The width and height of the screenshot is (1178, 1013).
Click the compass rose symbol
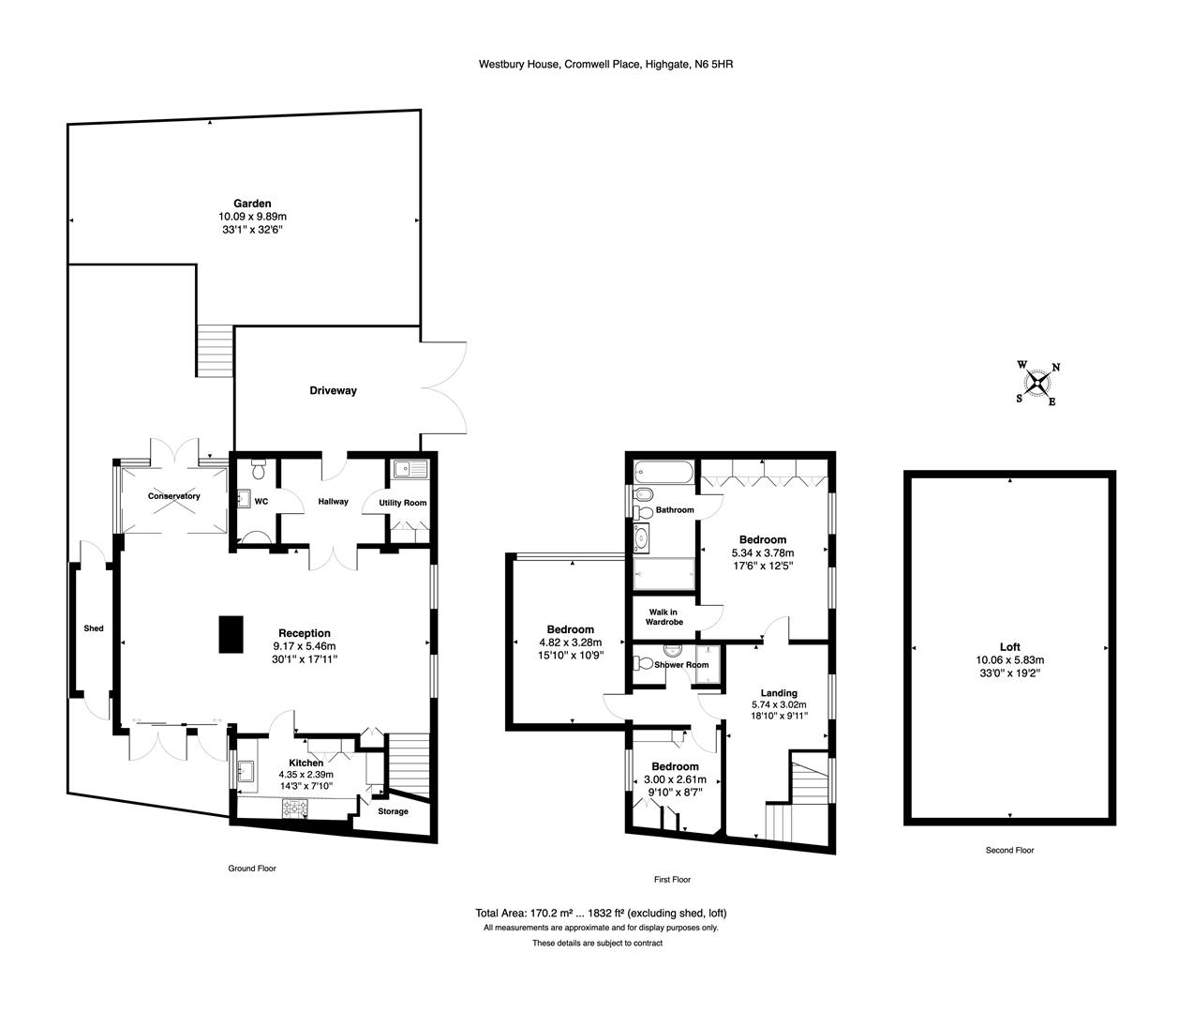coord(1037,384)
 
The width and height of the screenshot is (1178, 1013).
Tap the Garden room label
coord(252,204)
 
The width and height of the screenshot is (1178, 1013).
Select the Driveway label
coord(333,391)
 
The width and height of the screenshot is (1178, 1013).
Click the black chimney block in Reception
coord(231,634)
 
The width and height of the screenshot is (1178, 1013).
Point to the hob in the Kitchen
coord(295,809)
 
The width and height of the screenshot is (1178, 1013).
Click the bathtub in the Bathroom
coord(664,471)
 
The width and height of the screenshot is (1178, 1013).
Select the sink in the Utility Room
coord(410,469)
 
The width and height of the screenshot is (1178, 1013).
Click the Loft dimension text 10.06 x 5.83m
coord(1010,660)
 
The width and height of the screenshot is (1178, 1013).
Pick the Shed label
coord(94,628)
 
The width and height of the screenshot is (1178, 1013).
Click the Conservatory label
coord(173,496)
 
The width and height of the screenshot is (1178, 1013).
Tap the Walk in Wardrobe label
coord(664,617)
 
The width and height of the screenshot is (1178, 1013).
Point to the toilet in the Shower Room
coord(643,663)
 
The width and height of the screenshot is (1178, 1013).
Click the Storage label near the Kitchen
coord(393,811)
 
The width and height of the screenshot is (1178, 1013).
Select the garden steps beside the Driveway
coord(216,351)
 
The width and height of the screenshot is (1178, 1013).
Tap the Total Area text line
coord(601,914)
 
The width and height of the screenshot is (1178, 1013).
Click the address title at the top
coord(605,65)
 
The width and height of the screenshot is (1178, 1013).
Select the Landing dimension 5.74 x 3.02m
coord(779,704)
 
